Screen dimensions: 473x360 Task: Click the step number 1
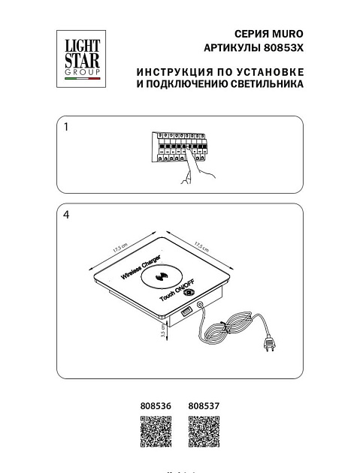tap(67, 128)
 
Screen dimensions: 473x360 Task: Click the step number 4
tap(67, 215)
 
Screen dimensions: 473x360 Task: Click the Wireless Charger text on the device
tap(142, 267)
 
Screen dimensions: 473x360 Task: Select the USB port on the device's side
tap(185, 309)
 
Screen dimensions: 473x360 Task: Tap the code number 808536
tap(156, 405)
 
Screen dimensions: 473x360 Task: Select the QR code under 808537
tap(202, 432)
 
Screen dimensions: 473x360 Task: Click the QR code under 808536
tap(156, 432)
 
